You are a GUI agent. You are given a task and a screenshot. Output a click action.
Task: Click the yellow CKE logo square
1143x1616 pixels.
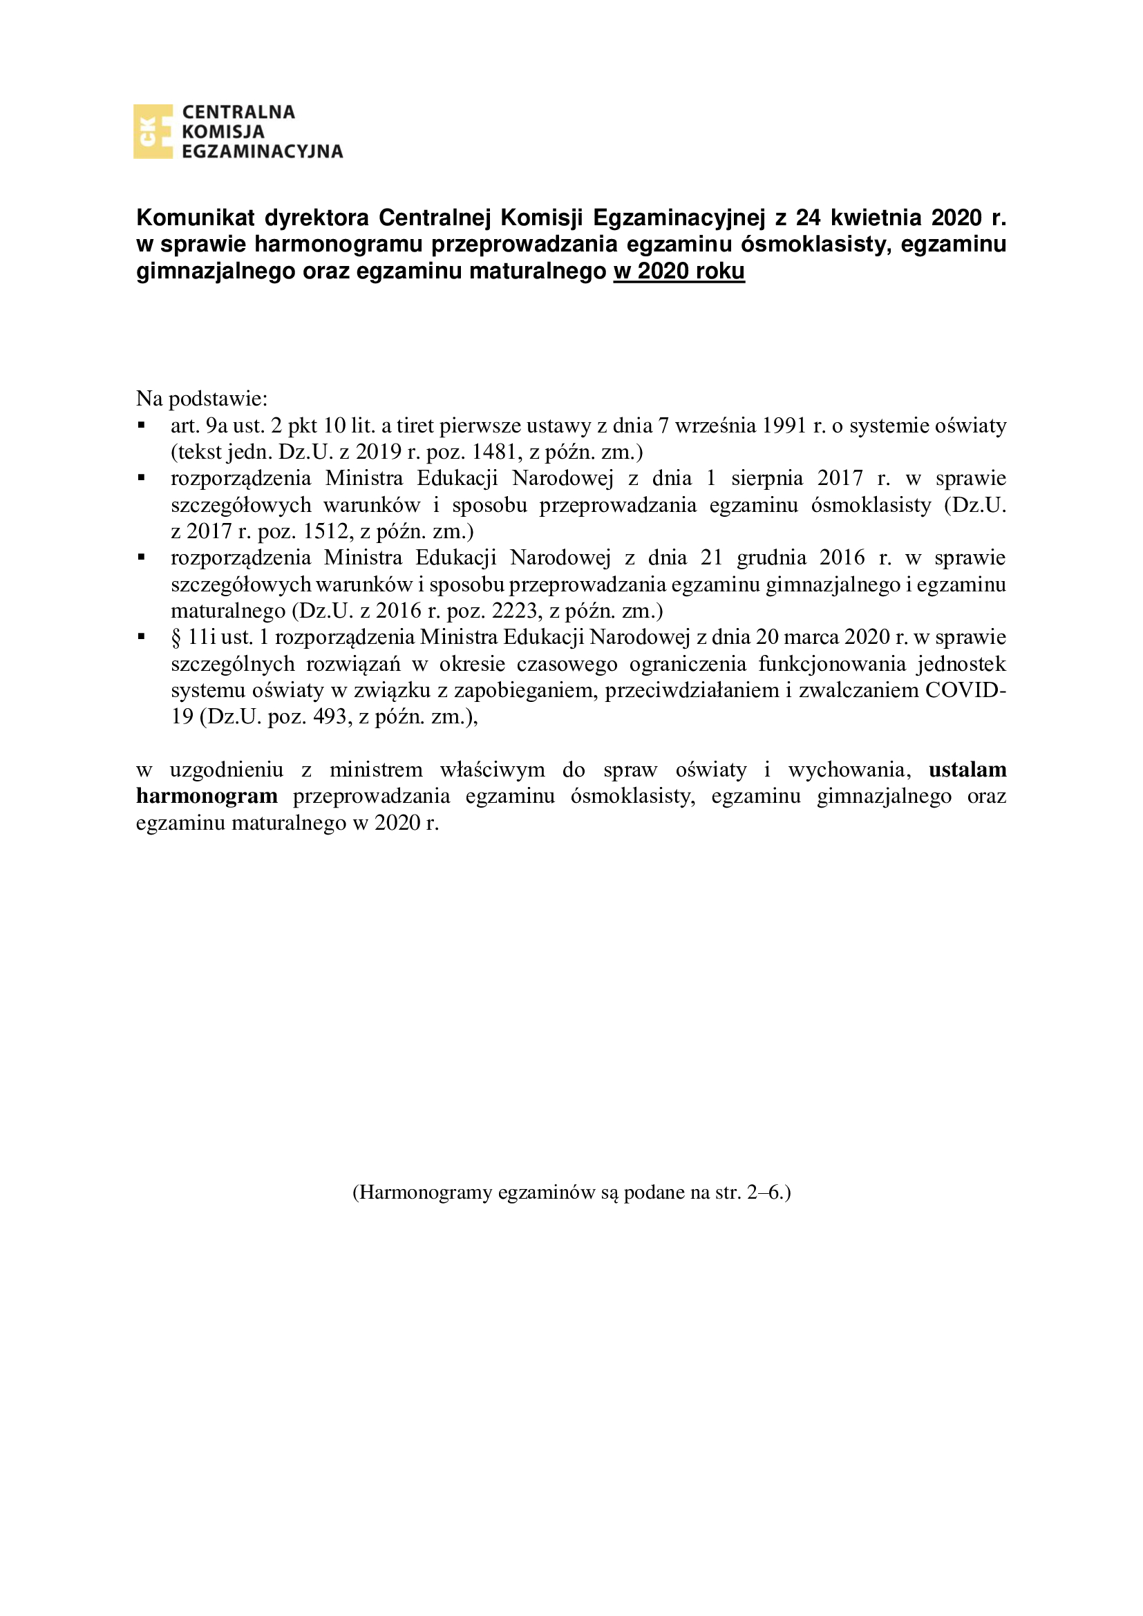click(153, 132)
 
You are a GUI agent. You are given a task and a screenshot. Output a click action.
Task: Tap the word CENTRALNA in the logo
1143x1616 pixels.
click(238, 113)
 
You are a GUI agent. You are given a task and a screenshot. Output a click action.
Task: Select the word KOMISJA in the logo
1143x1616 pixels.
click(223, 132)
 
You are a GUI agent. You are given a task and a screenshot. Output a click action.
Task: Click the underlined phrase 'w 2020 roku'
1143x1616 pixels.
click(679, 272)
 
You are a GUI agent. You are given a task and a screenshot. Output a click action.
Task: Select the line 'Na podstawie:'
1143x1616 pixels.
click(202, 399)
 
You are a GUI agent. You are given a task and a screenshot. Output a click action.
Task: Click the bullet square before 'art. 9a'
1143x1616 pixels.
click(142, 426)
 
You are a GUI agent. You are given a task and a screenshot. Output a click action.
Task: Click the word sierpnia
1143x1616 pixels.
click(766, 479)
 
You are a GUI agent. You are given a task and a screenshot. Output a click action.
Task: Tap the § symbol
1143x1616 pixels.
click(176, 638)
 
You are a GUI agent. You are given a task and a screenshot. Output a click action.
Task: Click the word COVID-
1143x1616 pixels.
click(965, 690)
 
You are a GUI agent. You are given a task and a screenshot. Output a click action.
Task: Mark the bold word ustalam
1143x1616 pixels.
click(967, 770)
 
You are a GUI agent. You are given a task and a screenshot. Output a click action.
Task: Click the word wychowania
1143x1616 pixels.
click(848, 770)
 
